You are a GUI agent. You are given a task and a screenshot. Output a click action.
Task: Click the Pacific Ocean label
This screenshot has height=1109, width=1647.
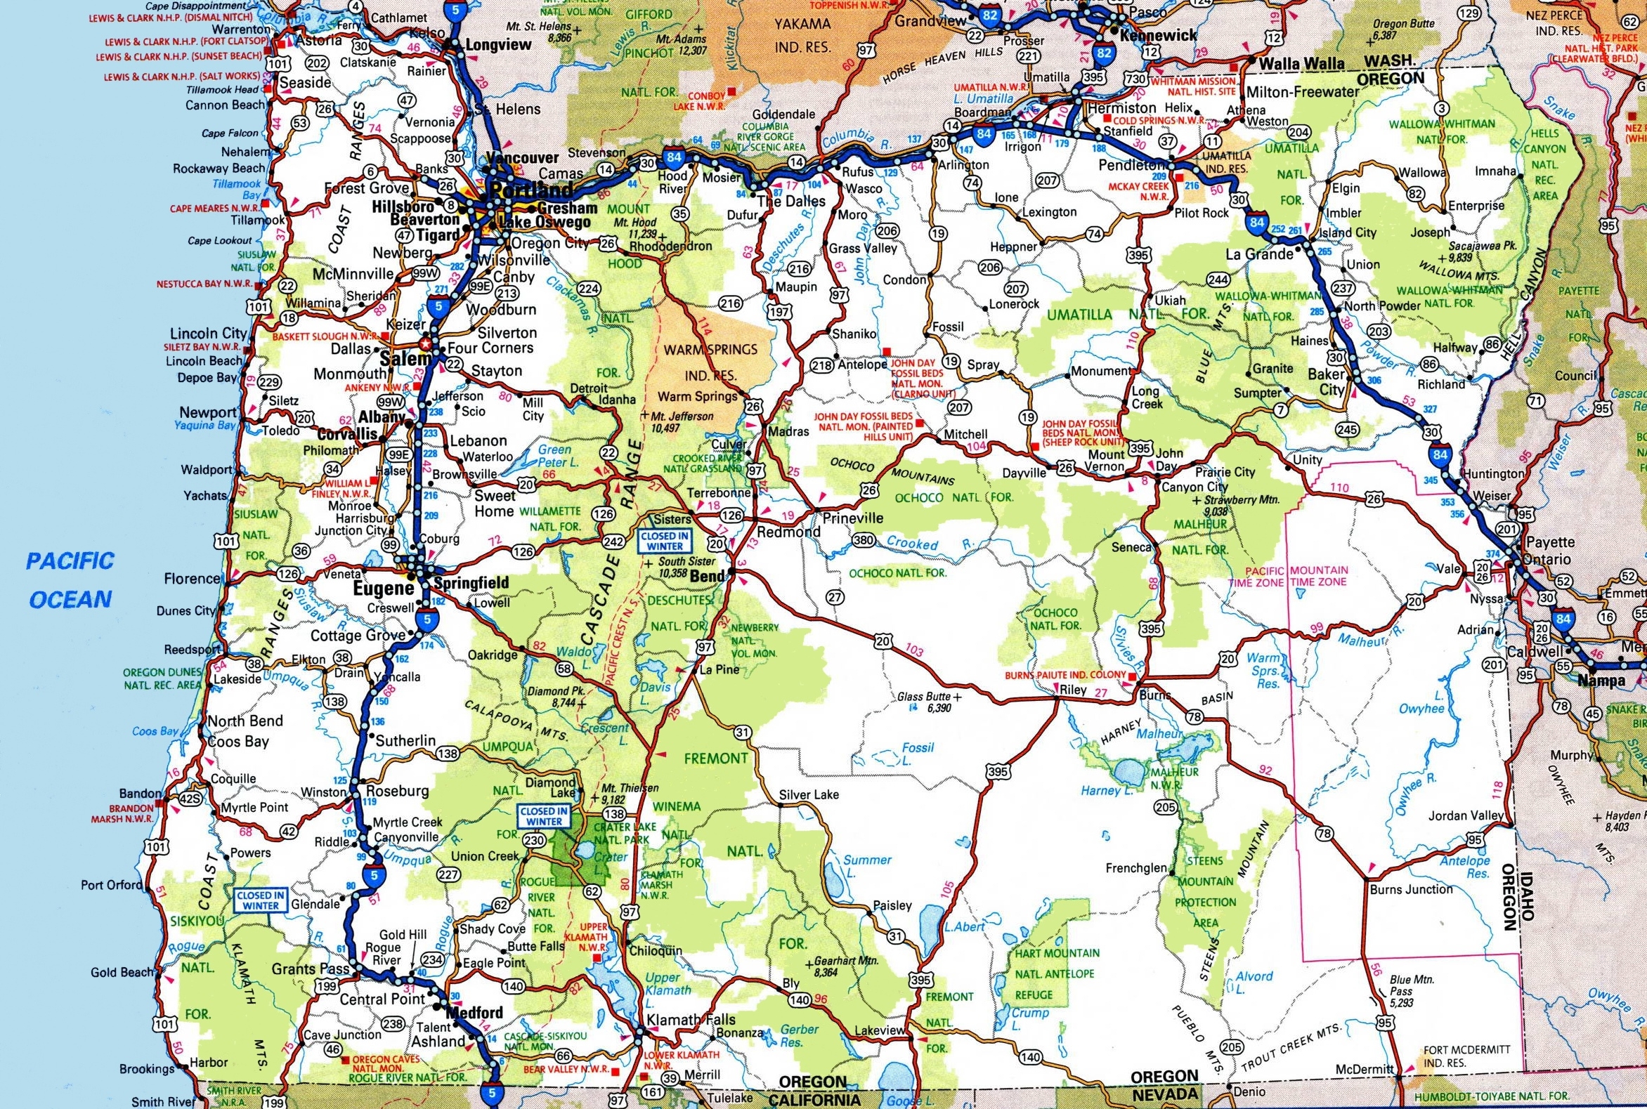pos(71,580)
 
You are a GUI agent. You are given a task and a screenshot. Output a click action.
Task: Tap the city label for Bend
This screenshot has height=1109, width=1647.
pos(708,576)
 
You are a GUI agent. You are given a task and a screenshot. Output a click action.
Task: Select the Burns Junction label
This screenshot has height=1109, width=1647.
pos(1411,889)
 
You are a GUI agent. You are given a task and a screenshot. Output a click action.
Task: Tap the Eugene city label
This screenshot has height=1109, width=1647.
pos(389,589)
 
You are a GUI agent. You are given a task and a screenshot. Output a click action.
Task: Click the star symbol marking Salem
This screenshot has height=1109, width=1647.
pos(425,344)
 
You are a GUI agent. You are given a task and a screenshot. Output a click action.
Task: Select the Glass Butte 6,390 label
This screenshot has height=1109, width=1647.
pos(924,702)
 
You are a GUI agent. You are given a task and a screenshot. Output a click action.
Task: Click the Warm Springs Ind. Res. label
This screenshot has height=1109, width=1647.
pos(710,362)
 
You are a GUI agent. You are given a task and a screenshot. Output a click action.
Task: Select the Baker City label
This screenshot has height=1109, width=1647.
pos(1326,381)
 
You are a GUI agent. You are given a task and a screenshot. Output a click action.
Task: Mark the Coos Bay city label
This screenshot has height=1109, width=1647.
pos(237,742)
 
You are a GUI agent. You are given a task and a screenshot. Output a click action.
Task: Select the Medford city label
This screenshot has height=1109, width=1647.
pos(476,1012)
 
